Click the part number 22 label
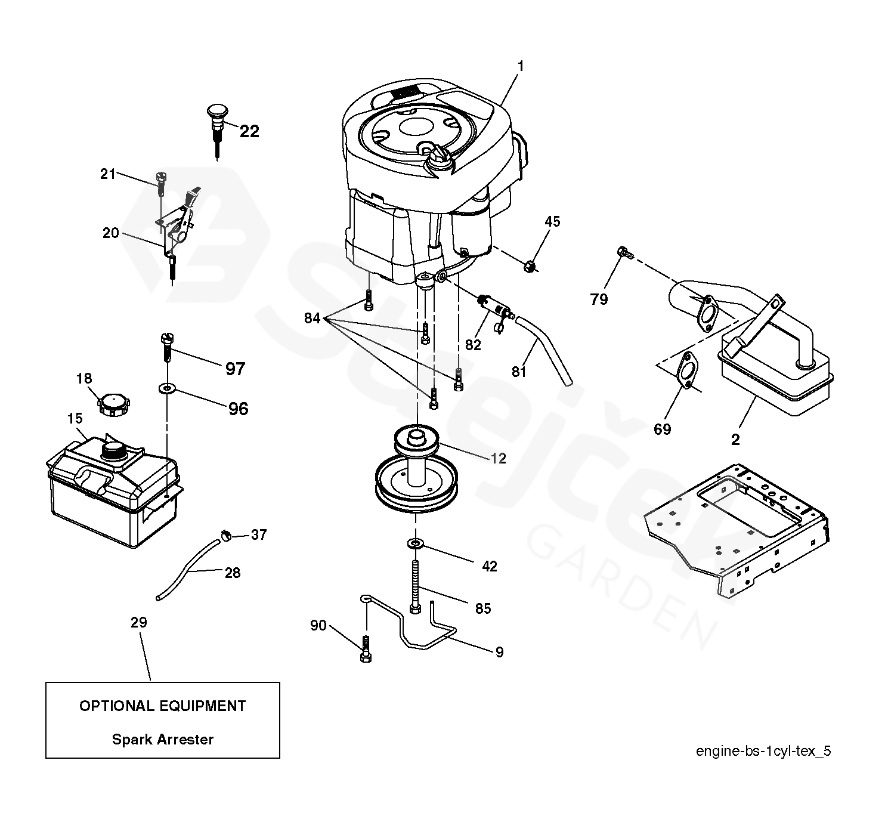pyautogui.click(x=249, y=131)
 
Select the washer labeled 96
pyautogui.click(x=166, y=390)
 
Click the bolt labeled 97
pyautogui.click(x=166, y=347)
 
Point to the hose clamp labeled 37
pyautogui.click(x=226, y=535)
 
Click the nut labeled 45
pyautogui.click(x=529, y=266)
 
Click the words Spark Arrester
pyautogui.click(x=163, y=739)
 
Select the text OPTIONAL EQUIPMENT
pyautogui.click(x=163, y=706)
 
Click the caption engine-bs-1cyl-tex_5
pyautogui.click(x=763, y=750)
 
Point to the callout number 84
pyautogui.click(x=312, y=318)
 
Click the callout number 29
pyautogui.click(x=138, y=622)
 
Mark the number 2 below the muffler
pyautogui.click(x=735, y=440)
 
